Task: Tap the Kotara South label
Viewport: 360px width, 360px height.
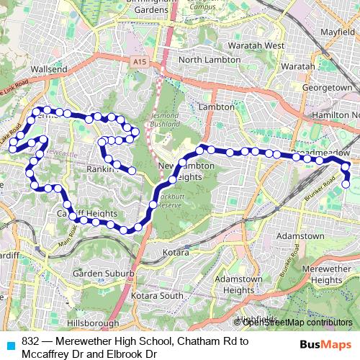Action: (163, 296)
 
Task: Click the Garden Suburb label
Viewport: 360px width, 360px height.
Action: (102, 274)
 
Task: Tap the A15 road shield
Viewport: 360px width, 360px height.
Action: (138, 64)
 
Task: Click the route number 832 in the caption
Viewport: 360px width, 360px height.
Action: (30, 341)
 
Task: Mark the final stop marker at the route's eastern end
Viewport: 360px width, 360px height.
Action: (346, 184)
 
